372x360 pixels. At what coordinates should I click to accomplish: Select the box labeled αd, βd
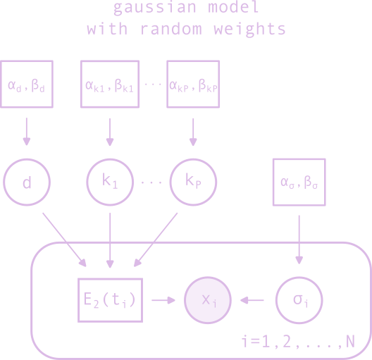coord(27,84)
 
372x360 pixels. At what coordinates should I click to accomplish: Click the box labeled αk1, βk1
coord(110,84)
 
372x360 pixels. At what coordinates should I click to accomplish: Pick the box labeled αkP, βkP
coord(192,84)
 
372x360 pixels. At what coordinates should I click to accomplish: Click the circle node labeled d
coord(27,182)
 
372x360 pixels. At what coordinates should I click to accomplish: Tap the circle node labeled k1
coord(110,182)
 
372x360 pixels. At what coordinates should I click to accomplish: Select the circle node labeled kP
coord(194,182)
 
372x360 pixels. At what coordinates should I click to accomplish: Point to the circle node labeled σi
coord(299,300)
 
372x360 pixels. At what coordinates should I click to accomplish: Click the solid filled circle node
coord(208,300)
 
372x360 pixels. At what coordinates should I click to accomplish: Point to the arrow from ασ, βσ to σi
coord(299,240)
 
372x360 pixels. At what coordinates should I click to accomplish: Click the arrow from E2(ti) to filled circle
coord(163,300)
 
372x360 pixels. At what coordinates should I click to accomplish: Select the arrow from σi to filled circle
coord(253,300)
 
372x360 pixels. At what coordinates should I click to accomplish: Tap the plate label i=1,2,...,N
coord(297,342)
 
